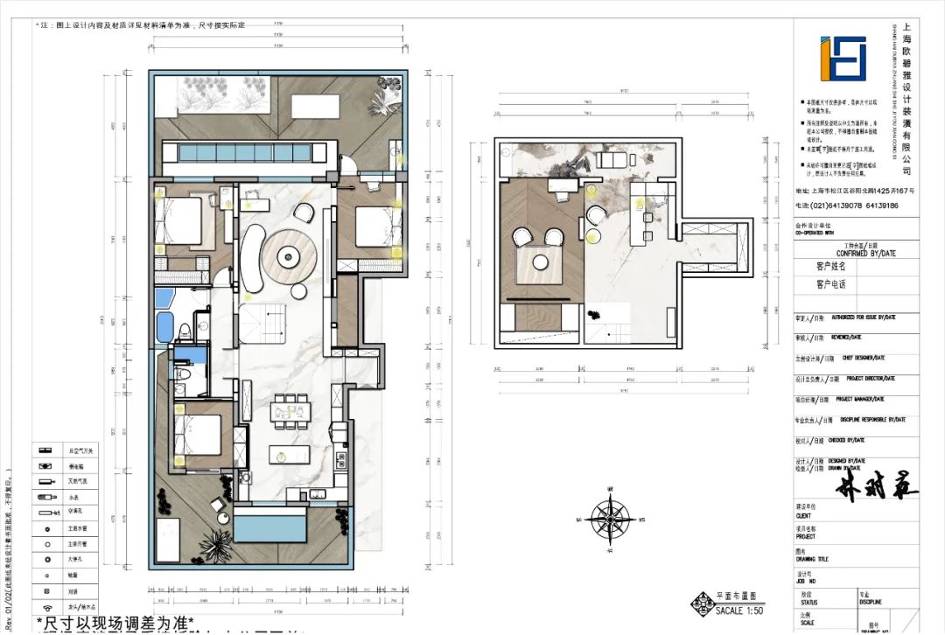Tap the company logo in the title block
[843, 59]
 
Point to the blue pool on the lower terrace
[270, 528]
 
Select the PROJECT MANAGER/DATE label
[864, 399]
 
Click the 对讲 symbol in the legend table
[45, 590]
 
